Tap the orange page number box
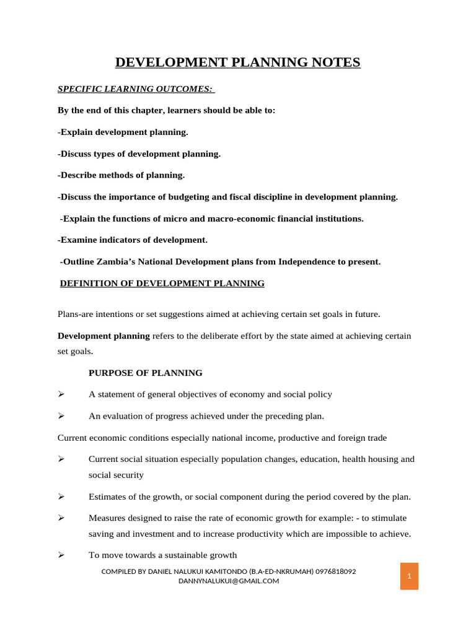coord(409,576)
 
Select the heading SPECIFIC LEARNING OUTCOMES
coord(135,89)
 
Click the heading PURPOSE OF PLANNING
coord(146,373)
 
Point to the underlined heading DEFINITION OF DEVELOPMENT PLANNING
coord(162,284)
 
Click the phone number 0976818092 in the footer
coord(335,571)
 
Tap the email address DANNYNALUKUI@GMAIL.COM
coord(229,581)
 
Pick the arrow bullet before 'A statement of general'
coord(61,394)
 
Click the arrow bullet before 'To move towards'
coord(61,555)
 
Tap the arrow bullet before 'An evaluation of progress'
coord(61,416)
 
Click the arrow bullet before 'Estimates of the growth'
coord(61,497)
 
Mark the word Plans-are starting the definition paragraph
coord(77,314)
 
